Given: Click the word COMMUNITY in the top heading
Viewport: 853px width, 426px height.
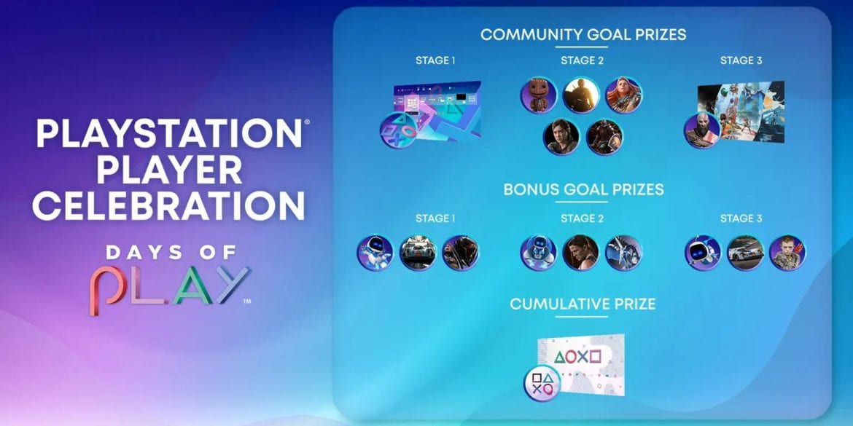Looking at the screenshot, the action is (531, 34).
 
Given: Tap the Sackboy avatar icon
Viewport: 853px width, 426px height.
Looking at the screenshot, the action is (538, 95).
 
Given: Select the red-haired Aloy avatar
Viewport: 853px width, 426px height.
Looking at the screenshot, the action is (623, 95).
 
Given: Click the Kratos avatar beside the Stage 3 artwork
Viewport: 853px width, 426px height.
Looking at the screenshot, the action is (702, 130).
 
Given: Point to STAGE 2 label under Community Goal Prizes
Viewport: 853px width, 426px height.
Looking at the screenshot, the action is (582, 60).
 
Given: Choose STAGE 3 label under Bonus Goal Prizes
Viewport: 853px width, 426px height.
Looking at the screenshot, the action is (741, 218).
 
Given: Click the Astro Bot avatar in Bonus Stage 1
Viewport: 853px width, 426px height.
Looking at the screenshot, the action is (375, 253).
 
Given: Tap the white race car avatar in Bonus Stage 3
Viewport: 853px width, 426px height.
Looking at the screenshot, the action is (745, 253).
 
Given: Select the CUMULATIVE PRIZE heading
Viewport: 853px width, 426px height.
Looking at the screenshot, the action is (582, 304).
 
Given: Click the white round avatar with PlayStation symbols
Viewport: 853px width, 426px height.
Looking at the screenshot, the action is (542, 383).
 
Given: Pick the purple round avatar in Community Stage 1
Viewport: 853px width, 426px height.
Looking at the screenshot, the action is (398, 130).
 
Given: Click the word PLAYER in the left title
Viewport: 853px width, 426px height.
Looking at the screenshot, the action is (170, 170).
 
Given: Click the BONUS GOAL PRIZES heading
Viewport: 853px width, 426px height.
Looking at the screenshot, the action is (584, 189).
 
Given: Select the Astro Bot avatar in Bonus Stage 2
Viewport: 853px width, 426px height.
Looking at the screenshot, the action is (538, 253).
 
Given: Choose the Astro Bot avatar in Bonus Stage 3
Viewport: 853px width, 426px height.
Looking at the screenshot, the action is (703, 253).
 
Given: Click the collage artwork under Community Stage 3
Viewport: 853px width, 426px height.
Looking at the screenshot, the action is (741, 112).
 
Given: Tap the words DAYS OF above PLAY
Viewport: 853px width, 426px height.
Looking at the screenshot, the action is (171, 252).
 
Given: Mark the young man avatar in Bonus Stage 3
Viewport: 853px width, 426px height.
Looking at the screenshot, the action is (787, 253).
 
